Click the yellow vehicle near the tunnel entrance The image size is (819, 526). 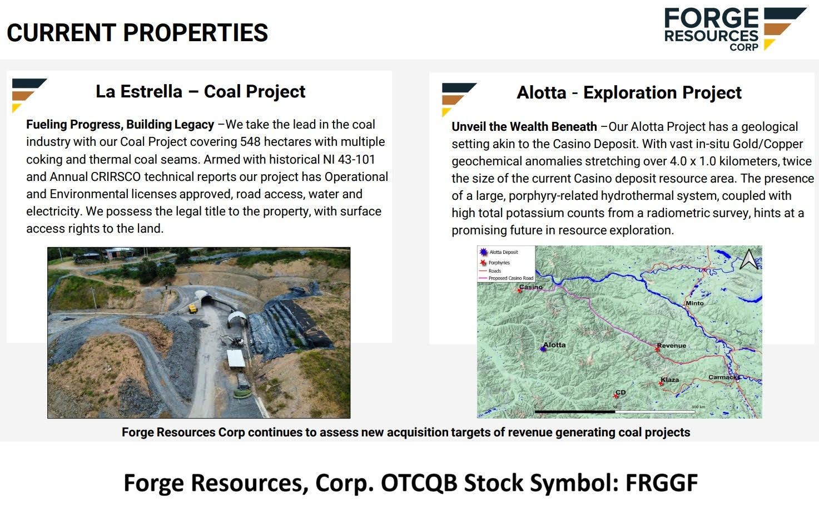(x=193, y=308)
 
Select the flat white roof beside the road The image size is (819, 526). (x=236, y=358)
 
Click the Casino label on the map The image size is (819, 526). (x=530, y=287)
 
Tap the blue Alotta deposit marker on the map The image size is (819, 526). (x=543, y=348)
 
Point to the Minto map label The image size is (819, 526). (x=694, y=303)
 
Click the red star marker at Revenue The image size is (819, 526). (x=658, y=349)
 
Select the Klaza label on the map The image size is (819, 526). (x=671, y=380)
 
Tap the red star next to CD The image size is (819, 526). (x=616, y=396)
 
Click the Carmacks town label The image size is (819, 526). (x=724, y=377)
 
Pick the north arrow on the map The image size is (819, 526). (x=748, y=259)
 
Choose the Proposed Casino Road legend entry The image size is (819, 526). (x=510, y=278)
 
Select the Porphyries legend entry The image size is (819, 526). (x=499, y=263)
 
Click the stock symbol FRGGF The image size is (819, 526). (x=661, y=483)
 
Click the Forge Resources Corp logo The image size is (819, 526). (x=734, y=29)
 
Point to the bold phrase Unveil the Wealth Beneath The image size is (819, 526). (x=524, y=127)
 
